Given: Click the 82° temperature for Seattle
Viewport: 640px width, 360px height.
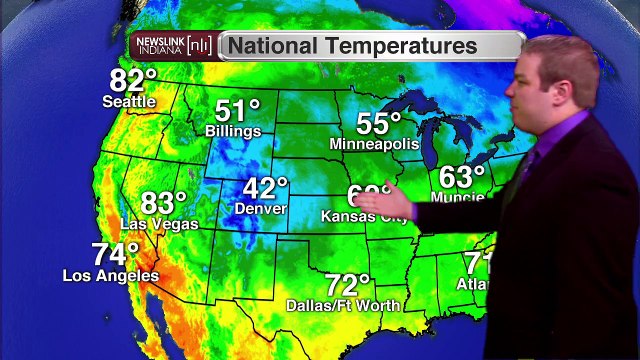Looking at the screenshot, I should (x=134, y=80).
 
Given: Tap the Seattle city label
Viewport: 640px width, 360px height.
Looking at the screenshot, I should (x=129, y=101).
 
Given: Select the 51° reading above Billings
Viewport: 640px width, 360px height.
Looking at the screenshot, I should (x=237, y=110).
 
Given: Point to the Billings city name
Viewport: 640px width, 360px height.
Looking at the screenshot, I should (x=233, y=131).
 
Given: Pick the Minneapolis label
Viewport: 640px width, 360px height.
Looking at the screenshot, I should (x=374, y=144).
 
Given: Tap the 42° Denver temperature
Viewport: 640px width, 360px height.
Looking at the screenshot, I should (x=265, y=187).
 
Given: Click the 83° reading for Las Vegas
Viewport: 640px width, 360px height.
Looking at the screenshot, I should (x=164, y=202).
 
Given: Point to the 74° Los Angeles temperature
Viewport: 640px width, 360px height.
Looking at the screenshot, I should (x=115, y=254).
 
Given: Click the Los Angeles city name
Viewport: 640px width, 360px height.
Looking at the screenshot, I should (x=110, y=275).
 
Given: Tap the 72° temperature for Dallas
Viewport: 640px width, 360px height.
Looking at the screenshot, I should (x=348, y=284).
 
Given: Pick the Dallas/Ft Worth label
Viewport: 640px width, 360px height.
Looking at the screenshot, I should (x=343, y=305).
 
